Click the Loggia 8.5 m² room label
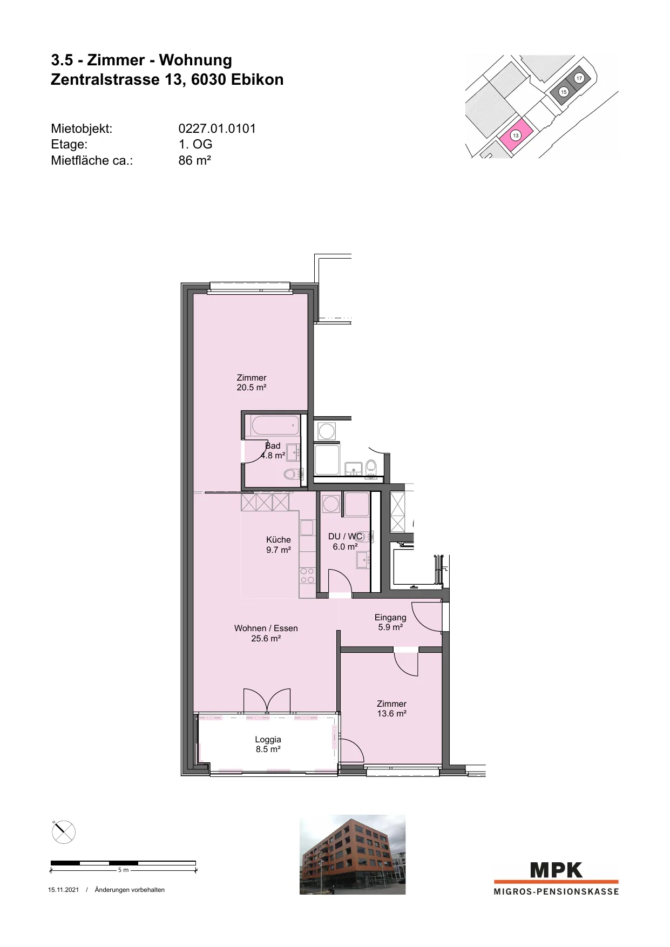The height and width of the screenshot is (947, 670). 268,745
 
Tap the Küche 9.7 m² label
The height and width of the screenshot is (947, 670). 279,545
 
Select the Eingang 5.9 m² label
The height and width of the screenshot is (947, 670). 390,622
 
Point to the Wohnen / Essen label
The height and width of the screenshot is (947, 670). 266,628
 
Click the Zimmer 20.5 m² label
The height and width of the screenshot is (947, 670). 252,383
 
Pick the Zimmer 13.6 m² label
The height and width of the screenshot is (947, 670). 391,708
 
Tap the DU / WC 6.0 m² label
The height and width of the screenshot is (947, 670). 346,542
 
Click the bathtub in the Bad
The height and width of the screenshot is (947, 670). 275,425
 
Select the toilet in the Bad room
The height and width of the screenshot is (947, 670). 292,475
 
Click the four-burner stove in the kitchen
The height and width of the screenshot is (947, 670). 307,576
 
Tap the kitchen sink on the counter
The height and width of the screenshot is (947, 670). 307,527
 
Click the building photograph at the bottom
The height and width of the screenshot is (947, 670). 353,855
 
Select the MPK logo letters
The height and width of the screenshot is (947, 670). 556,870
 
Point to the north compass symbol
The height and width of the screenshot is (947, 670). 63,831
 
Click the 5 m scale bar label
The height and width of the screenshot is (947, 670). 123,870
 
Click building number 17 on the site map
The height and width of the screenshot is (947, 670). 579,78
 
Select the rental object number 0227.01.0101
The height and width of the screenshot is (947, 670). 217,128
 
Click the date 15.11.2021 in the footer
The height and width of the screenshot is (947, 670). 63,890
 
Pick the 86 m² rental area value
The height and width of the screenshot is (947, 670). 194,160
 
